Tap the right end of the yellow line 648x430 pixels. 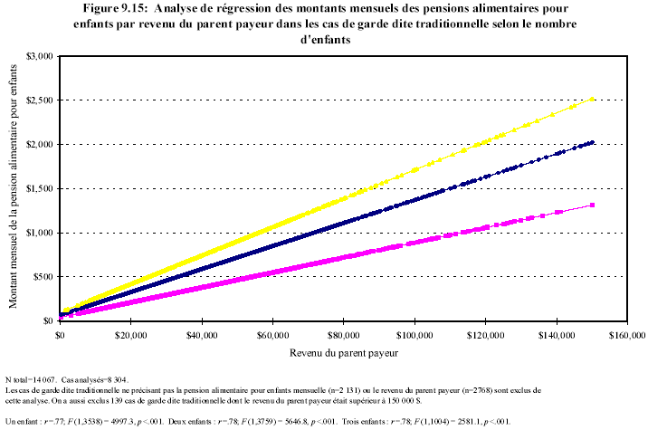coord(591,99)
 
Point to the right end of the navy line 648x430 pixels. coord(592,142)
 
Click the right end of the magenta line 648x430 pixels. coord(592,205)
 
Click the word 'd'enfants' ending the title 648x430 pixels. coord(324,41)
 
